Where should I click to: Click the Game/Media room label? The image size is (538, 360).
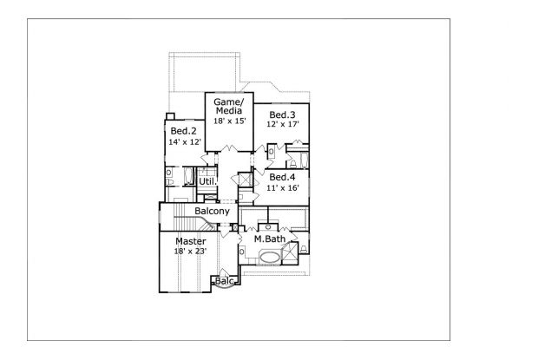pos(229,107)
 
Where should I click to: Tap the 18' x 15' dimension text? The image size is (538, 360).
pos(230,121)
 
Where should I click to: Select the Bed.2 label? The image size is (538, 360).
pos(184,131)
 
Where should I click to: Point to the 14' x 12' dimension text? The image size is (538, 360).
pos(185,142)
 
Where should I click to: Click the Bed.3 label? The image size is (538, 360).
pos(282,115)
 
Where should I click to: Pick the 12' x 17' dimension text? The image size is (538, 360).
pos(283,124)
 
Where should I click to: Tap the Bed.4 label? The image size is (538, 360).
pos(282,177)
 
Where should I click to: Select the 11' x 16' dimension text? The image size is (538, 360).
pos(283,188)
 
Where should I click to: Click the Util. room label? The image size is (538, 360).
pos(208,181)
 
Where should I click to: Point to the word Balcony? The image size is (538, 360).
pos(212,211)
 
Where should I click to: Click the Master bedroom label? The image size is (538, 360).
pos(190,241)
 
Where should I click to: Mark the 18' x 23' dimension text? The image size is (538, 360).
pos(190,252)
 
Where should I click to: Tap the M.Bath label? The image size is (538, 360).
pos(270,239)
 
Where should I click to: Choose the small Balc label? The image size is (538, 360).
pos(225,281)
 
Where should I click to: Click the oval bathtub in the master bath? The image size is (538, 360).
pos(270,258)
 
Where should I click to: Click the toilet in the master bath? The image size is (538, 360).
pos(304,249)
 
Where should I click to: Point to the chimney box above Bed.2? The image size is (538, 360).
pos(170,116)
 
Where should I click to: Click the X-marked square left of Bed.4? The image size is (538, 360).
pos(246,180)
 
